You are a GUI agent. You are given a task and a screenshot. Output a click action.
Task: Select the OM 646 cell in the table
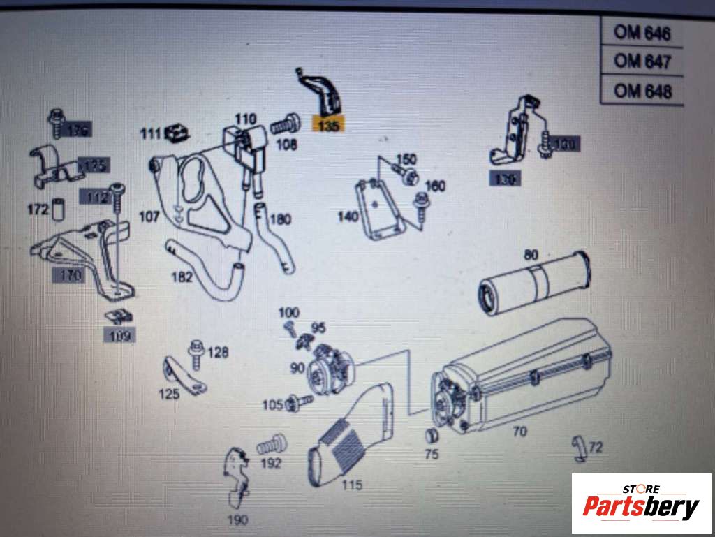[642, 33]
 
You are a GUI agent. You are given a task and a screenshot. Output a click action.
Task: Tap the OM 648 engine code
[642, 91]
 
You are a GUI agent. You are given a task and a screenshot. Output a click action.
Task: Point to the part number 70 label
[519, 432]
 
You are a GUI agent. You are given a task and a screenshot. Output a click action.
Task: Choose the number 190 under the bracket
[236, 520]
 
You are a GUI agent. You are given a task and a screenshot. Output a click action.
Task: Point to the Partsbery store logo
[641, 503]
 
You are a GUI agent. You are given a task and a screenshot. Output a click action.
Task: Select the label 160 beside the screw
[434, 186]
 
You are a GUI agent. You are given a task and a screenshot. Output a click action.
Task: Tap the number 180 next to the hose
[280, 219]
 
